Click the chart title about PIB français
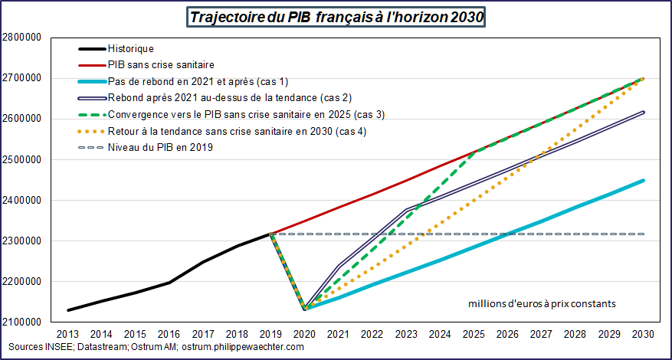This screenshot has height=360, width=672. click(x=336, y=17)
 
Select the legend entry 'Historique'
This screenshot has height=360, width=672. click(x=131, y=49)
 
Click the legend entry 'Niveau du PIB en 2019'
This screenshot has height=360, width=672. click(x=160, y=147)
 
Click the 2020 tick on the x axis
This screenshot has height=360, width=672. click(x=304, y=335)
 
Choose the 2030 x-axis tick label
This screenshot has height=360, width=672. click(x=643, y=335)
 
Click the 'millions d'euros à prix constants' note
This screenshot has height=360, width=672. click(x=542, y=304)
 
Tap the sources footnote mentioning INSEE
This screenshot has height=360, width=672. click(x=153, y=347)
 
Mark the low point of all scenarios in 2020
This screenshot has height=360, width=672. click(x=305, y=309)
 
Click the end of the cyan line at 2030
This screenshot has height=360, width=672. click(x=643, y=181)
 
